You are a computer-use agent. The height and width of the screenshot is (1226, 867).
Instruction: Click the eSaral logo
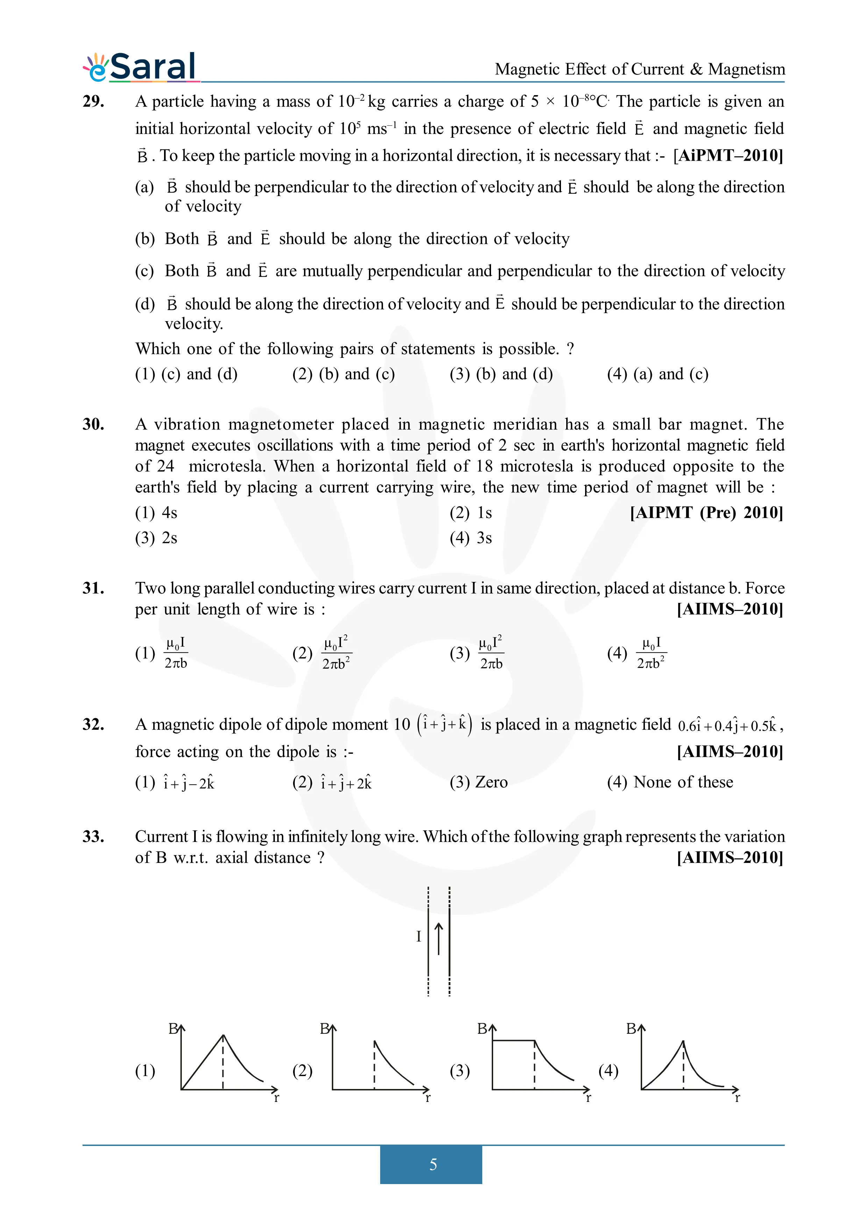(140, 67)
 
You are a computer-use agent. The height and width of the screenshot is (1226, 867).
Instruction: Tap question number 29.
(93, 101)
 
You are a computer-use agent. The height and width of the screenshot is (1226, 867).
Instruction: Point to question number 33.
(93, 836)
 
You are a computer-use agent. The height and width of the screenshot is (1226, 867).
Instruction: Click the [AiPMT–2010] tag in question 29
(728, 156)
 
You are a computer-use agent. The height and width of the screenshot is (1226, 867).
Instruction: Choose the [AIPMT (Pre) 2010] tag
(706, 513)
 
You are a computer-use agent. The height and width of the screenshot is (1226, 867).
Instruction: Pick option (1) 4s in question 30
(156, 513)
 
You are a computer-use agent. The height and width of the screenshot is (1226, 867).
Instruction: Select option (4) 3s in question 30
(471, 538)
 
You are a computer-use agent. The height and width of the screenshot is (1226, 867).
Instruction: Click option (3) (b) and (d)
(501, 374)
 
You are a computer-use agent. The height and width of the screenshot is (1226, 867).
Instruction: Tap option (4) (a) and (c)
(658, 374)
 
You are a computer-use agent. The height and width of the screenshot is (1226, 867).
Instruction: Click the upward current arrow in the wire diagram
(439, 938)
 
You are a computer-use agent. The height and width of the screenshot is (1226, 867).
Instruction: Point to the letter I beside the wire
(419, 937)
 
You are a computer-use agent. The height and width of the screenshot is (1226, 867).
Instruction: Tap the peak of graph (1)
(223, 1036)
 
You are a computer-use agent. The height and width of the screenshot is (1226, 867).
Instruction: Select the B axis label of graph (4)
(631, 1029)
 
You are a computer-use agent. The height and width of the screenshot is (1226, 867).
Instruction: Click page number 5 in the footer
(433, 1164)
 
